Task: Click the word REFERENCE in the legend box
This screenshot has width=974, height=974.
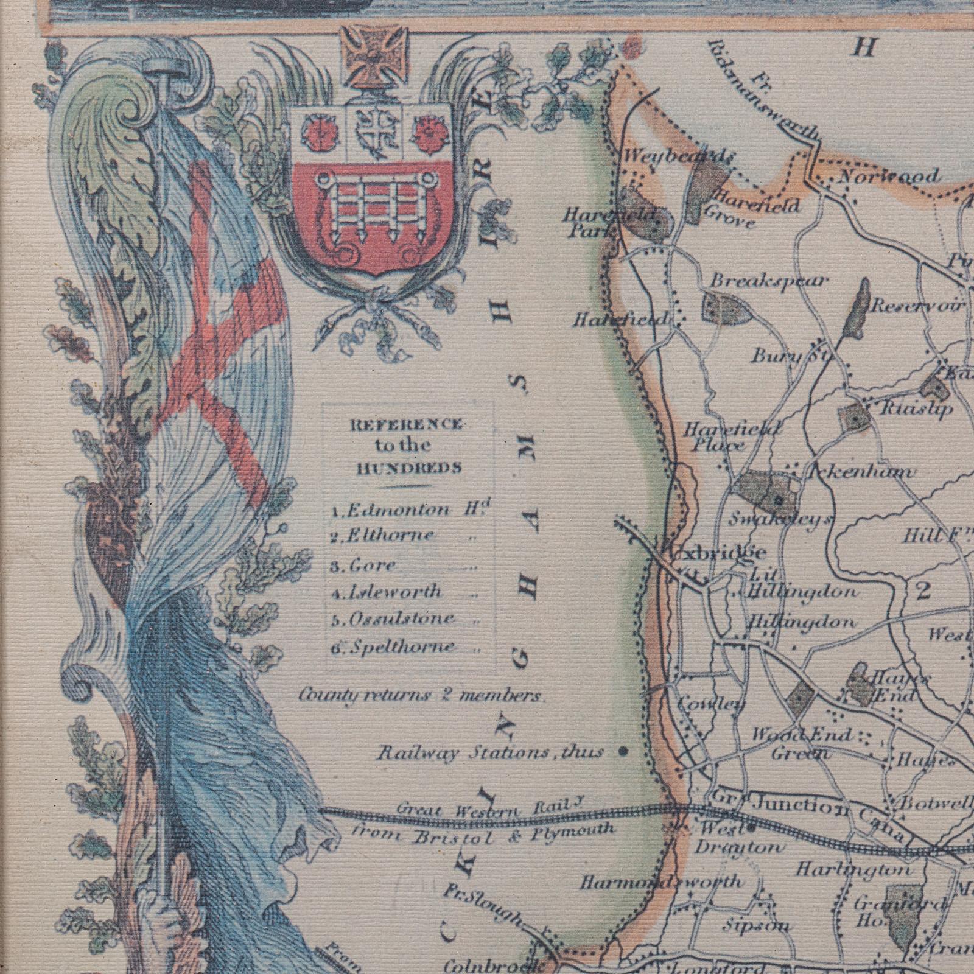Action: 403,425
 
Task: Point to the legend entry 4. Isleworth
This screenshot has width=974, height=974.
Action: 395,592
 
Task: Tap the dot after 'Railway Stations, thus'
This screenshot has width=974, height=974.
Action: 623,751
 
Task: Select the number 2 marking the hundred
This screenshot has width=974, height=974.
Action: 922,590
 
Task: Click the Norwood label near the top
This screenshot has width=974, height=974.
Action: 888,177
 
